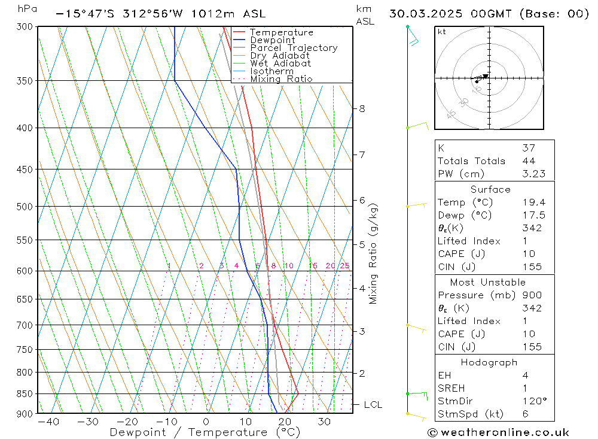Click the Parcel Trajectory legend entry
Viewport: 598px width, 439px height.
[x=294, y=48]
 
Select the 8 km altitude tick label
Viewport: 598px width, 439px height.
[x=362, y=109]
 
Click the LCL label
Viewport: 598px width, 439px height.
[x=373, y=405]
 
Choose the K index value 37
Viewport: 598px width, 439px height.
[x=527, y=148]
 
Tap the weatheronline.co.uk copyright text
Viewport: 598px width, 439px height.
[x=498, y=432]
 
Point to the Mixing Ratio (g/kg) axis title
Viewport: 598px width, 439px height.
[x=374, y=253]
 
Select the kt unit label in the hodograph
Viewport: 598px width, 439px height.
[x=442, y=32]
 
